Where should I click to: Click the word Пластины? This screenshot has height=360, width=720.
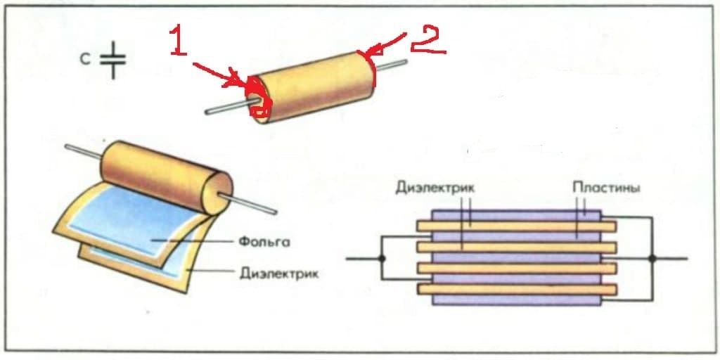tap(605, 188)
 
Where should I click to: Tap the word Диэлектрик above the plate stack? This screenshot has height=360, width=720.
tap(435, 188)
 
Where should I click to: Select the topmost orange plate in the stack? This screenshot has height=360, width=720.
tap(516, 226)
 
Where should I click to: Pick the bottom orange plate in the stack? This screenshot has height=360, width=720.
tap(516, 289)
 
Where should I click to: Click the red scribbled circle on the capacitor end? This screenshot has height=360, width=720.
tap(259, 98)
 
